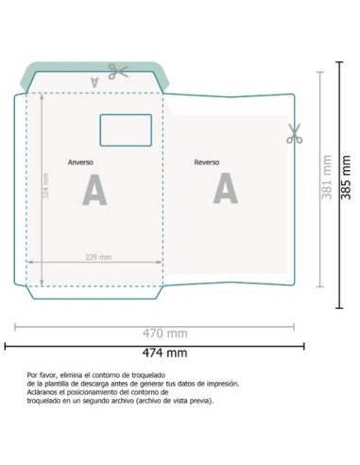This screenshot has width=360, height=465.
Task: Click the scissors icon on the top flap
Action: coord(117,71)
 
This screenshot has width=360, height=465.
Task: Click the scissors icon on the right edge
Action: coord(293,135)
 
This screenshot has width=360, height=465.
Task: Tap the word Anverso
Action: coord(80,163)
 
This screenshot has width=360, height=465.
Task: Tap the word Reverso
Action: coord(207,163)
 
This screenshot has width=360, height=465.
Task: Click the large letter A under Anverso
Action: coord(94,189)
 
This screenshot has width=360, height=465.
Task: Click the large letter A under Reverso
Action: coord(225,189)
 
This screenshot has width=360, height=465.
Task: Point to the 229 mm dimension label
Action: coord(97,257)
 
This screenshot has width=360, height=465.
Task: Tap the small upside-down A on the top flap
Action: coord(94,82)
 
